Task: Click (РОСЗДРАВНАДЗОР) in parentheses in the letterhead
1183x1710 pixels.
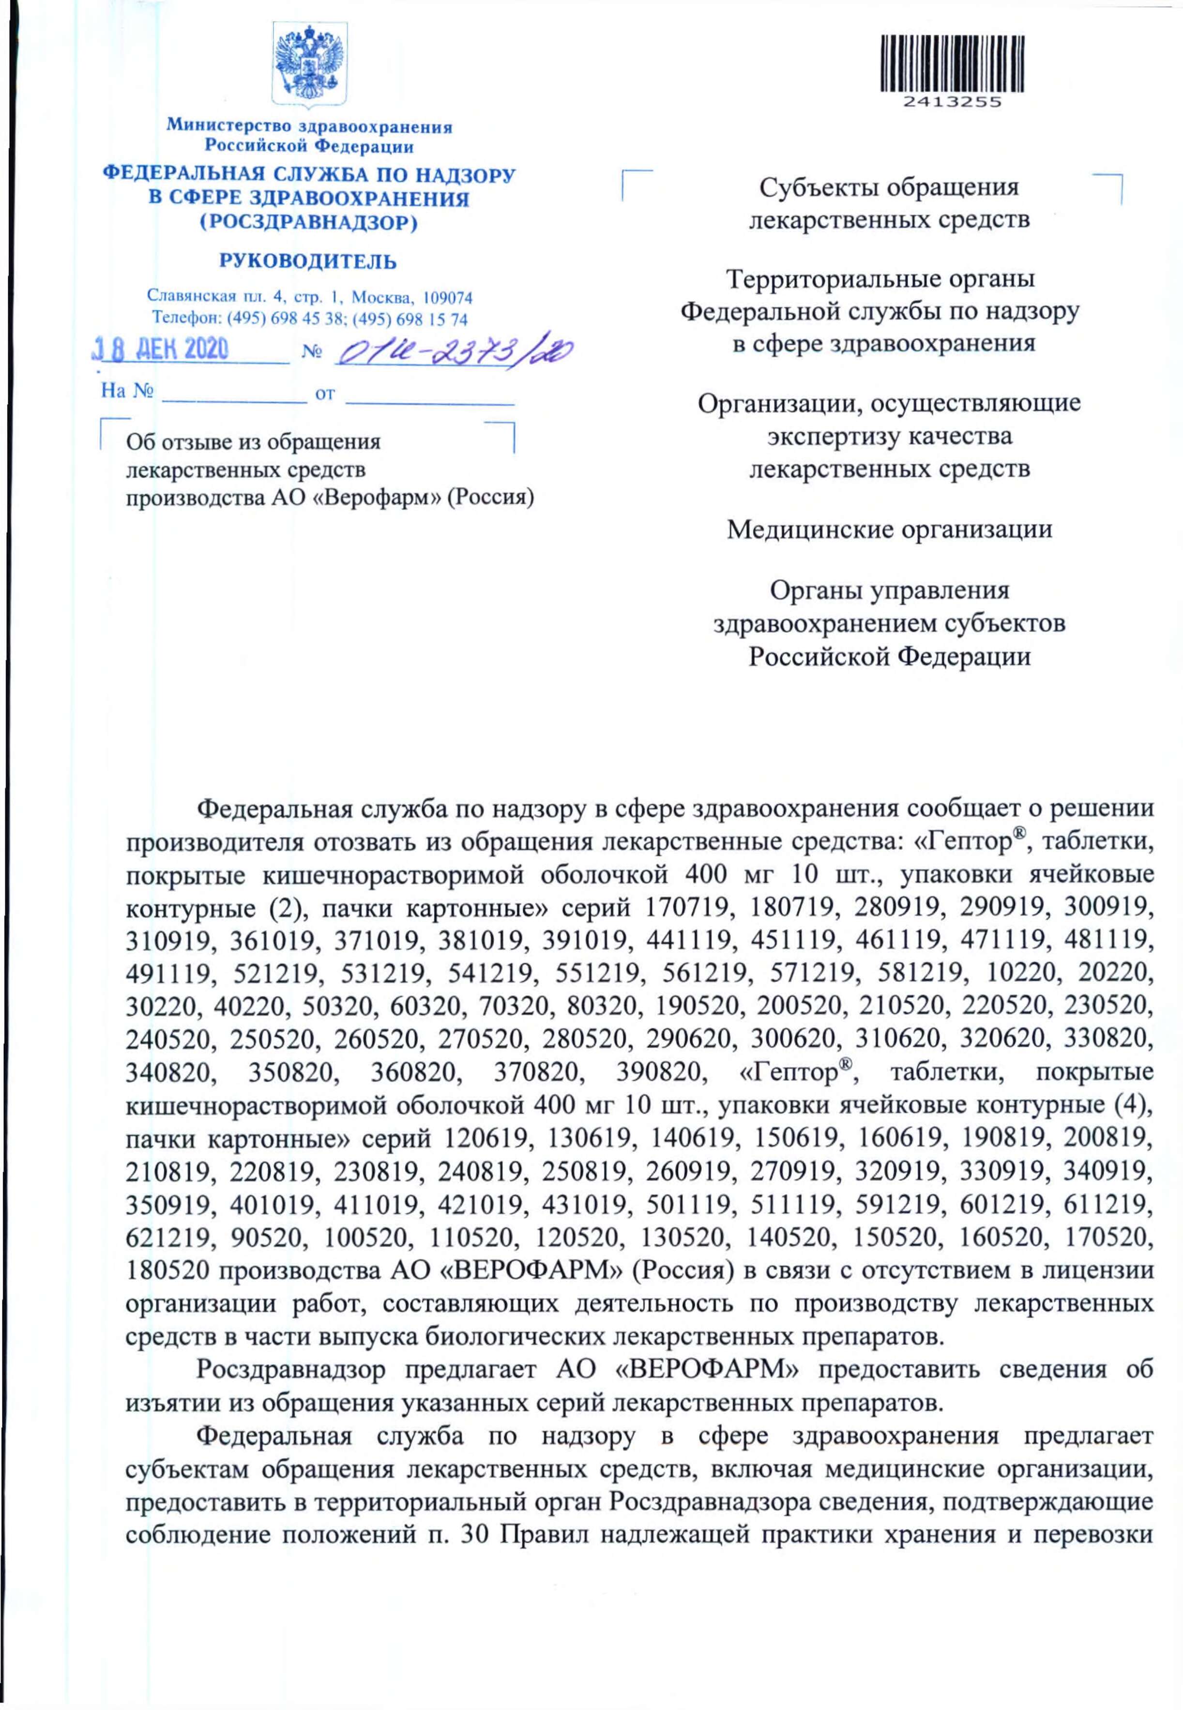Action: coord(308,222)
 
